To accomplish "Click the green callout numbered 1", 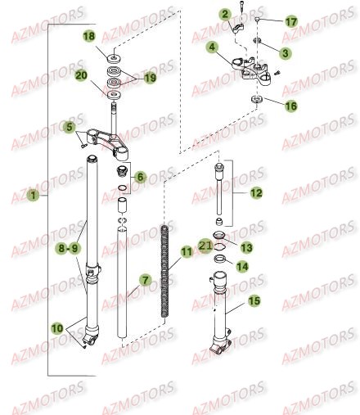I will click(x=31, y=196).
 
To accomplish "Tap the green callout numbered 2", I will click(x=224, y=14).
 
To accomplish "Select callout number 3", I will click(x=285, y=53).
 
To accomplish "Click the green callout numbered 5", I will click(x=70, y=127).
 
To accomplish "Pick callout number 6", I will click(x=140, y=177).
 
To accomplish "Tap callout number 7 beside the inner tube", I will click(x=146, y=280).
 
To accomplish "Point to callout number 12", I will click(x=255, y=194).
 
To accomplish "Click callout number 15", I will click(x=254, y=301).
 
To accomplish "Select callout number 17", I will click(x=291, y=20).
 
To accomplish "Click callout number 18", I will click(x=89, y=37).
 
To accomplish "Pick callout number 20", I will click(x=81, y=75).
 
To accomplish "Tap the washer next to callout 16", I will click(x=256, y=100).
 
